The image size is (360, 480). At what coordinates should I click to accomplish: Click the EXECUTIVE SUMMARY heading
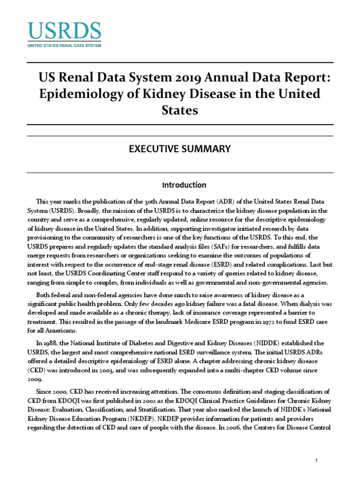pos(180,149)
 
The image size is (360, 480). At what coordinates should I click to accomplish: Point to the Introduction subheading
pos(180,185)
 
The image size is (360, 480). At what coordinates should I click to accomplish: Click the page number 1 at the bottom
pos(317,461)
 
